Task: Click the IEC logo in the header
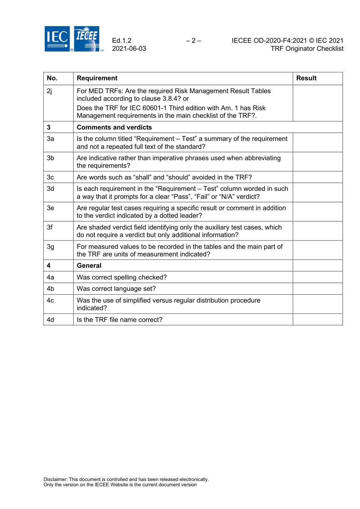[57, 39]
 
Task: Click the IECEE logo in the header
[87, 39]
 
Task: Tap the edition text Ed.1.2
[122, 41]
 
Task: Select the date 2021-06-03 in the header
[129, 48]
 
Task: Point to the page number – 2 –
[194, 41]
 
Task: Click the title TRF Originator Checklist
[307, 48]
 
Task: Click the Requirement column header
[97, 78]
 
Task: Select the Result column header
[306, 78]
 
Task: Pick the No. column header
[52, 78]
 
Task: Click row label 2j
[50, 91]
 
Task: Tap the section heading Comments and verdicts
[114, 127]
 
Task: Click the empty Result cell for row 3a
[318, 142]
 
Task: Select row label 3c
[50, 177]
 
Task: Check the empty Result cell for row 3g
[318, 250]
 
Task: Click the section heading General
[89, 265]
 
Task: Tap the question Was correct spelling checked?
[122, 277]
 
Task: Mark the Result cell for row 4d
[318, 320]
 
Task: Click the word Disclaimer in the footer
[55, 479]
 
